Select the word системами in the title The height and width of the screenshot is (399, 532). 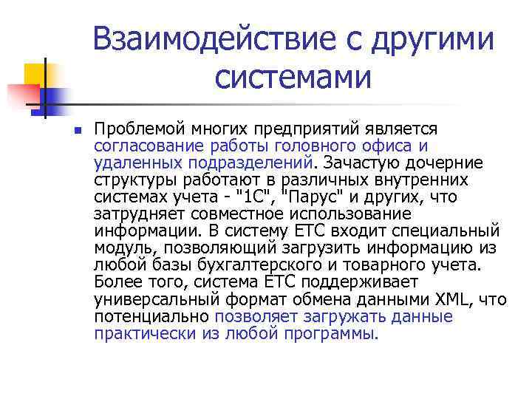293,76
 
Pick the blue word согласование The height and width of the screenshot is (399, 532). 143,146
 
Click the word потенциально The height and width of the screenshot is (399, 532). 151,317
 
